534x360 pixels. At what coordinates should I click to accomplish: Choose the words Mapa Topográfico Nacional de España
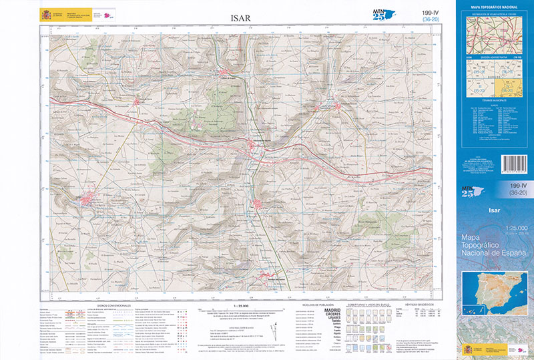click(494, 248)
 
